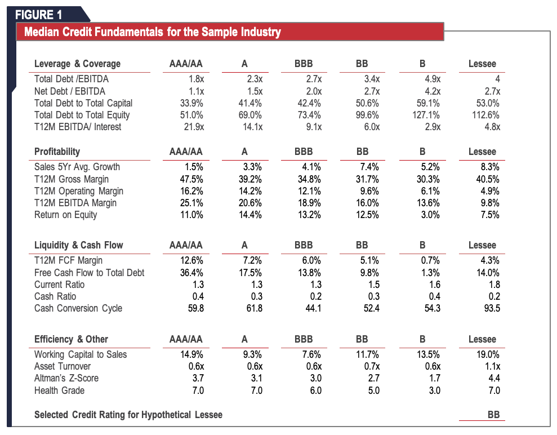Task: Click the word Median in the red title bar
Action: pos(44,32)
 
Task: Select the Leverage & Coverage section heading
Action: pos(77,64)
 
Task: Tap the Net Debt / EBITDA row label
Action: pos(69,91)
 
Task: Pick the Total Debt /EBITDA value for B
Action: pos(431,79)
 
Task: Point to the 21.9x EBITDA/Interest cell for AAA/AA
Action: pos(194,127)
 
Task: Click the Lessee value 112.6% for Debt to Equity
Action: pos(486,115)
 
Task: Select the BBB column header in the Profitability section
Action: pos(304,152)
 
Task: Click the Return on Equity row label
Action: pos(65,215)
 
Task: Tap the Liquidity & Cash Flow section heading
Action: pos(78,245)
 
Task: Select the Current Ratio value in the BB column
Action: pos(375,285)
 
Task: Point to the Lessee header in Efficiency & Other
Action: pos(482,339)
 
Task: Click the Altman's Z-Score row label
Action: pos(66,378)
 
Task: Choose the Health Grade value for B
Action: pos(434,390)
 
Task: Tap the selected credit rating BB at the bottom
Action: pos(493,415)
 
